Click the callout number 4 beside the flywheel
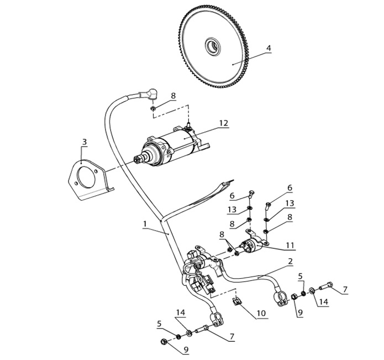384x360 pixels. pos(269,48)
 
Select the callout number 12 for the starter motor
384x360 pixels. pos(223,123)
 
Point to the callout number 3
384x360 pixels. pos(84,142)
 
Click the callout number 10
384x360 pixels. pos(261,314)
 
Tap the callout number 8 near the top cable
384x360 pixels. pos(173,96)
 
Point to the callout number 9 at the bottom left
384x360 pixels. pos(186,349)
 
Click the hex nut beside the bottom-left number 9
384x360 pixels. pos(164,341)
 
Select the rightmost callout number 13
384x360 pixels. pos(290,204)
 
